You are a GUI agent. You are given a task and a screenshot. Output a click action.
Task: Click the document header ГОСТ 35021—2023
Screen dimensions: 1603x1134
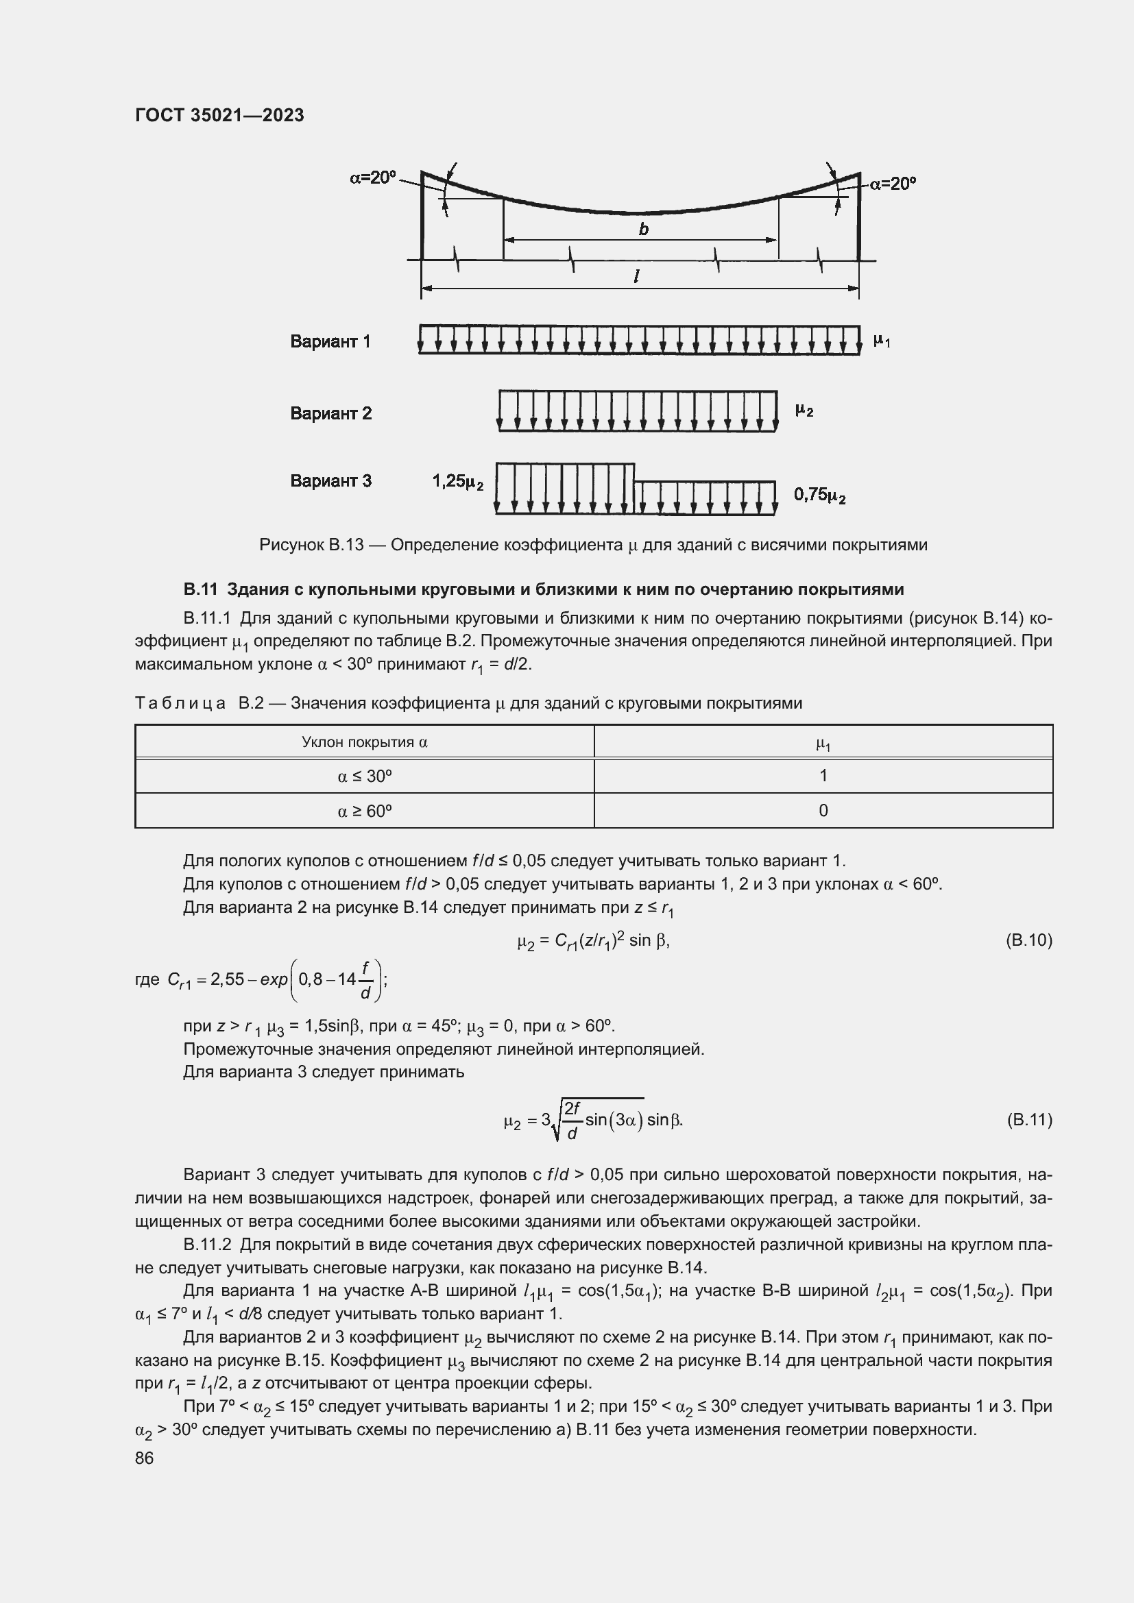click(219, 115)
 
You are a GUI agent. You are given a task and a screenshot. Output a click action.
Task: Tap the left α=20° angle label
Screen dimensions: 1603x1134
click(373, 178)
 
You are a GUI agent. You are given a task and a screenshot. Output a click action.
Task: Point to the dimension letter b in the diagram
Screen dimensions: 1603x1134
click(643, 229)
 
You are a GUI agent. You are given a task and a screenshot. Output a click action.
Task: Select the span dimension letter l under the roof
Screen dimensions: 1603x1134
click(637, 276)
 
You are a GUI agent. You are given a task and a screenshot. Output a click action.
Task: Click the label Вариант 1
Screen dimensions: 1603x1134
click(330, 341)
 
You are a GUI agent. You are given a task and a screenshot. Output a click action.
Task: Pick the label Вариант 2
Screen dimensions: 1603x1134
click(331, 413)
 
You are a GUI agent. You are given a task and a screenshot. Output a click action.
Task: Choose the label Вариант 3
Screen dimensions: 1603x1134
click(331, 480)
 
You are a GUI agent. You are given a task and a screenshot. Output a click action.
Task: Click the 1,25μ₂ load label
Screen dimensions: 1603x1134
click(457, 481)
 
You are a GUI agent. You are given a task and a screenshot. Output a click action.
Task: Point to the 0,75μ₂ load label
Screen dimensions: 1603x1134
click(820, 495)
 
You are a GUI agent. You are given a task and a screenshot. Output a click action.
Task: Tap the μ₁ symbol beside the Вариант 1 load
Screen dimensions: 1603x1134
click(881, 341)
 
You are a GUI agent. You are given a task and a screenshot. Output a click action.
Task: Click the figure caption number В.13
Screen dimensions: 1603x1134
click(346, 545)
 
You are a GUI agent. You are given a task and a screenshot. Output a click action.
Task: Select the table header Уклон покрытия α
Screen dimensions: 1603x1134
click(365, 742)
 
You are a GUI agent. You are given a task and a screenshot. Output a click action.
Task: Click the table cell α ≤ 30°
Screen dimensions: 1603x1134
click(365, 776)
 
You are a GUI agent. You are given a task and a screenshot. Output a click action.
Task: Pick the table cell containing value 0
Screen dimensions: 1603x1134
click(823, 811)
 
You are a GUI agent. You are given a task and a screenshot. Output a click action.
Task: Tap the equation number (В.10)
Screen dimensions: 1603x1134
click(1028, 940)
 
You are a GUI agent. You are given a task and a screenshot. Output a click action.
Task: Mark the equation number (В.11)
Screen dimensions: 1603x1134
click(1028, 1120)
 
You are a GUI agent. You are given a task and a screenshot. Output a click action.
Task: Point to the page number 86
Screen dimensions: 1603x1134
click(145, 1458)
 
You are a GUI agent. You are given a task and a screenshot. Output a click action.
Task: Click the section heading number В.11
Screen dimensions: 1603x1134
click(201, 589)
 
